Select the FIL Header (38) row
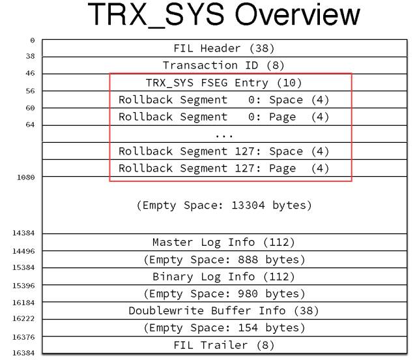[223, 48]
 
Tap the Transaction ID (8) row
[223, 65]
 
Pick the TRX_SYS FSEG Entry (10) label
[223, 83]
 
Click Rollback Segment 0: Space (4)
[223, 100]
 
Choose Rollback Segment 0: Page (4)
[223, 117]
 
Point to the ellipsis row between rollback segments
[223, 134]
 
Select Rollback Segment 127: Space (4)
[223, 151]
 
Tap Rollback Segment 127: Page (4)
[223, 168]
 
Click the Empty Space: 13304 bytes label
[223, 205]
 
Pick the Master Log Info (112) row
[223, 242]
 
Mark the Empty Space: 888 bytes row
[223, 260]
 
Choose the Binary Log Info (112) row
[223, 277]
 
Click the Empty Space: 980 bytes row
[223, 293]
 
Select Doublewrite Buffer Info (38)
[223, 310]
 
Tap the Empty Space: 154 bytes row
[223, 327]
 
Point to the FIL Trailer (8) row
[223, 344]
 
